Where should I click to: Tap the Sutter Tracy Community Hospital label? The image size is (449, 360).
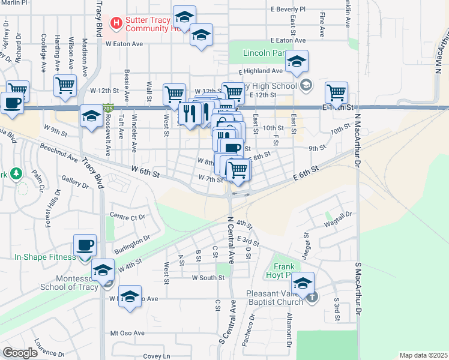(150, 24)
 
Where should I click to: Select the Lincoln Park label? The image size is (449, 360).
(264, 53)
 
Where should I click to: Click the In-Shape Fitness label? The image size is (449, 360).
(45, 257)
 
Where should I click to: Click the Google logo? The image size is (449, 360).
(20, 353)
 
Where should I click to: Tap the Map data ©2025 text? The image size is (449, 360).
(423, 355)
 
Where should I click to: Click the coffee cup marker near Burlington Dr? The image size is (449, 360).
(85, 245)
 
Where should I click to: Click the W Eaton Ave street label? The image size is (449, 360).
(124, 44)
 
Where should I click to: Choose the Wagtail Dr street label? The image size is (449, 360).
(339, 221)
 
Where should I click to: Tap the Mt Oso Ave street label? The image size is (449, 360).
(127, 333)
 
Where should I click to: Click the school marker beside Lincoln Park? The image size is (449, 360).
(297, 62)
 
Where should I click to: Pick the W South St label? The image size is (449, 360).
(208, 278)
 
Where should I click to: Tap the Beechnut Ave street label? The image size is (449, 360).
(59, 153)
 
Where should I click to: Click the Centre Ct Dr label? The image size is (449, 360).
(127, 216)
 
